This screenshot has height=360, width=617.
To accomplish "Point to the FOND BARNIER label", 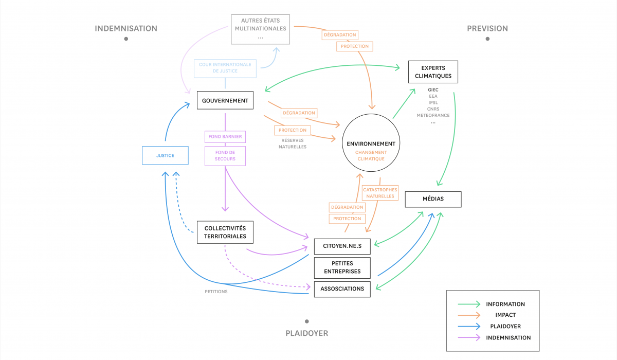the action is click(225, 137).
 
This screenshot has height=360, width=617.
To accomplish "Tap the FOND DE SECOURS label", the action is click(225, 156).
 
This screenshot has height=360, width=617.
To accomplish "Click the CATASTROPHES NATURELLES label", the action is click(380, 193).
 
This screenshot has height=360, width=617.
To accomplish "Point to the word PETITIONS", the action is click(216, 292).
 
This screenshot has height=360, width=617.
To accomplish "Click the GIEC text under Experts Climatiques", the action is click(433, 90).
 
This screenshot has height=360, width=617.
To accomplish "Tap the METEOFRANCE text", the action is click(433, 115).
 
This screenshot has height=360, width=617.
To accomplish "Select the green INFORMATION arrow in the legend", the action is click(469, 304).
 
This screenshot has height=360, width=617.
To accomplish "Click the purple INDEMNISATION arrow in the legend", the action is click(469, 338).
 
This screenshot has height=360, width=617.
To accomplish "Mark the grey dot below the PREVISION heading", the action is click(487, 39).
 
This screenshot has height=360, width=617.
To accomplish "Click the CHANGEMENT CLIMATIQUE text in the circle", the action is click(371, 156).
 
